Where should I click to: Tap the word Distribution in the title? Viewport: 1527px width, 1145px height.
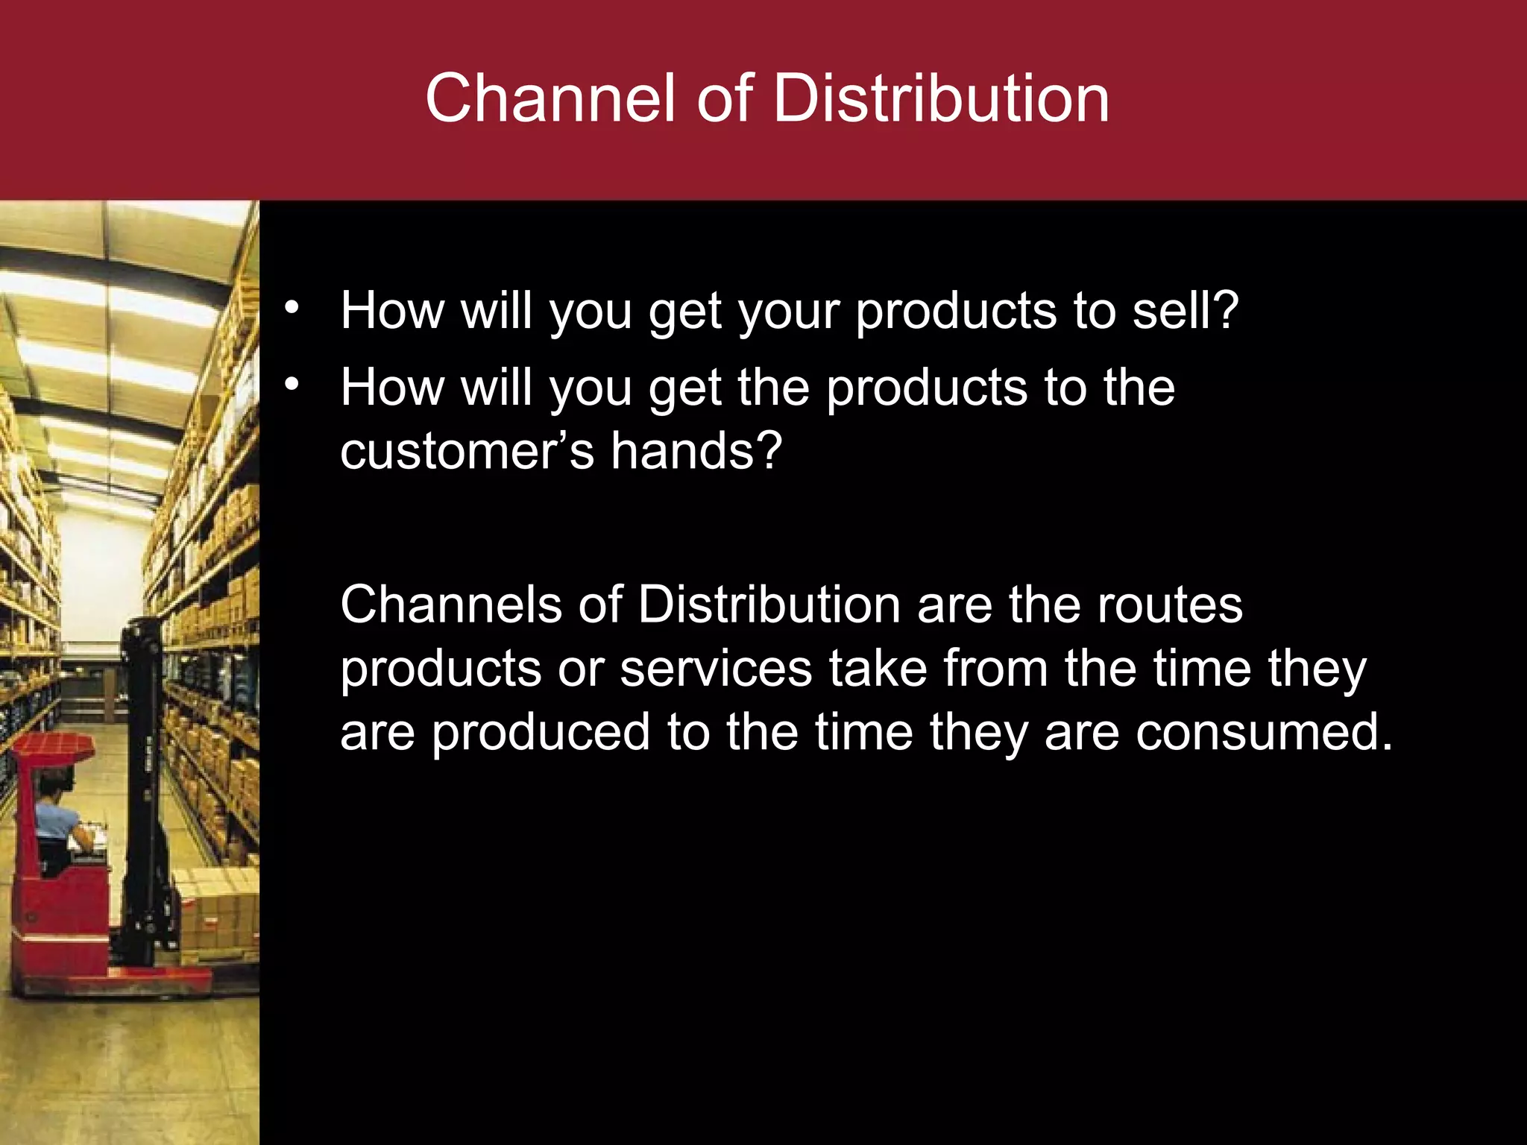(x=941, y=98)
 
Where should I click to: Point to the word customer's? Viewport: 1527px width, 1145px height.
(x=467, y=452)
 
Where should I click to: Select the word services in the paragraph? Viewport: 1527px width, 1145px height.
(x=716, y=668)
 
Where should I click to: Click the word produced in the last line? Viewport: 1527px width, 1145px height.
(x=541, y=734)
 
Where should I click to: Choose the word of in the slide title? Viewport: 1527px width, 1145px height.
(x=724, y=98)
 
